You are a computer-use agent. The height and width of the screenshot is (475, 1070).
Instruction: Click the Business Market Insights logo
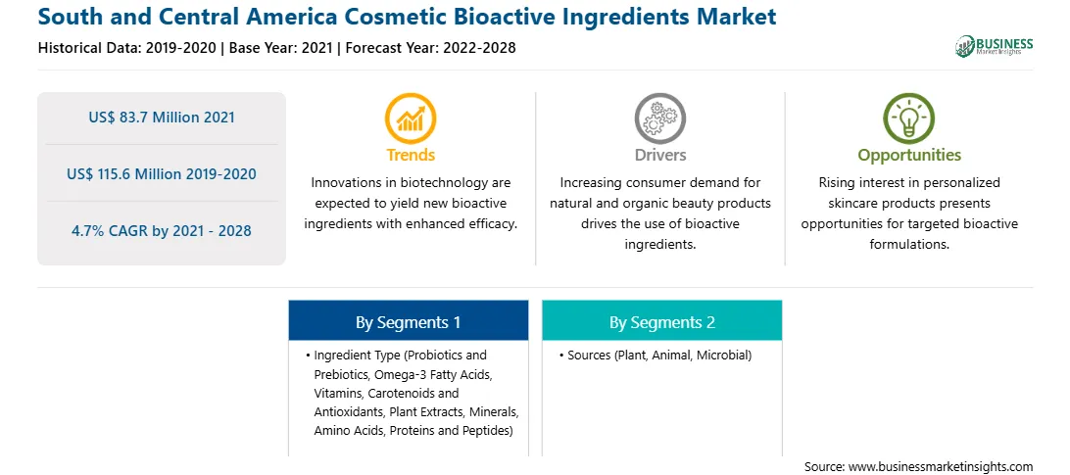995,46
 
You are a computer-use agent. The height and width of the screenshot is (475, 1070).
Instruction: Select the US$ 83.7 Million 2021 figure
162,118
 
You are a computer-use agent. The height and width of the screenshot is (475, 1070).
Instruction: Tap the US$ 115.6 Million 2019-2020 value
162,174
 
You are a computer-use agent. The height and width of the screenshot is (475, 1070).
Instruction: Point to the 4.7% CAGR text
162,231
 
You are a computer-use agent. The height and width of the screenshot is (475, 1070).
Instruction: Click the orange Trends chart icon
411,119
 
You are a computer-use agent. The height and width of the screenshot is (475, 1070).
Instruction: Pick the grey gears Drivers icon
659,119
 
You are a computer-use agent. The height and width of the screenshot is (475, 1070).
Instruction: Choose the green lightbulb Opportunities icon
909,119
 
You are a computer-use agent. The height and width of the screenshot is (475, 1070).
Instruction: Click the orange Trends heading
411,155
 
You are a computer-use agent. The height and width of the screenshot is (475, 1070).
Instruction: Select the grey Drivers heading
659,155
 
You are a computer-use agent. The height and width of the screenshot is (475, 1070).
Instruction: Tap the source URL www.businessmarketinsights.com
941,467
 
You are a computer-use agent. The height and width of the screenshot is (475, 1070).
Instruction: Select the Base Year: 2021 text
280,48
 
